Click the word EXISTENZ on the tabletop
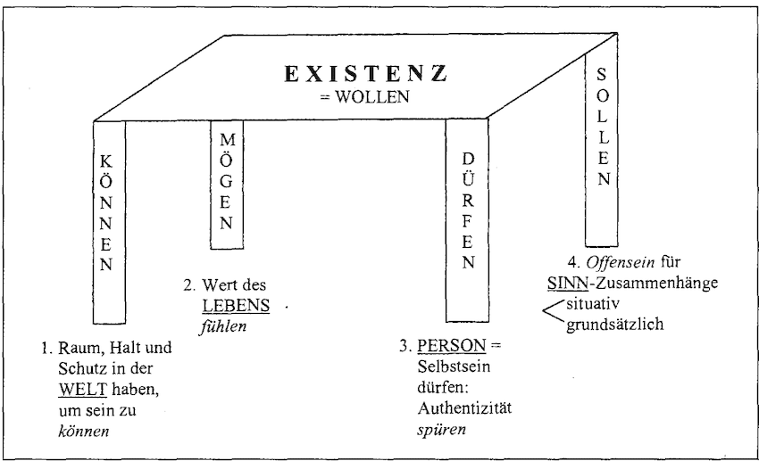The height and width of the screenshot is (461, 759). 365,74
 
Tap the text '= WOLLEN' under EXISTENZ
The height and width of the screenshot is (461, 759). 364,96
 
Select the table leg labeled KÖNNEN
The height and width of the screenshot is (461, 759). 109,222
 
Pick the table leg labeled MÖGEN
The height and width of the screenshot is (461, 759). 227,185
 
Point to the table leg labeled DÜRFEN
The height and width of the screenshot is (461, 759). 467,219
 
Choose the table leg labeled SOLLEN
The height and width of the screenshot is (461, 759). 601,139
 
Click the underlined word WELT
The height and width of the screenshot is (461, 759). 83,390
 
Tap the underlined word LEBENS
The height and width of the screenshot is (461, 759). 236,306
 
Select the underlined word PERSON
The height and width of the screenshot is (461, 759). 452,345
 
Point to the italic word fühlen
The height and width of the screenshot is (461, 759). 223,326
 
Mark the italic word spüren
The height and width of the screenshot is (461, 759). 441,430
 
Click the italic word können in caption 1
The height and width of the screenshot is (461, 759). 84,431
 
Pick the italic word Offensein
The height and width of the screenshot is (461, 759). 621,262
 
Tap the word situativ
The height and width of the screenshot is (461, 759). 593,304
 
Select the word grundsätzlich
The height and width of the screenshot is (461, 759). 614,325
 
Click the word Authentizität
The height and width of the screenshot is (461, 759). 464,408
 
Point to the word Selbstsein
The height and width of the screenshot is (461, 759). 454,366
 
